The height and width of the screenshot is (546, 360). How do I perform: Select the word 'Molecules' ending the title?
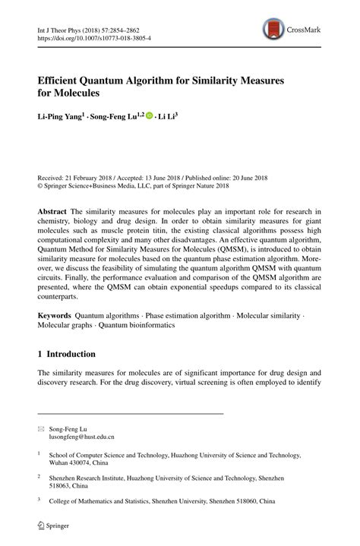[x=78, y=93]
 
